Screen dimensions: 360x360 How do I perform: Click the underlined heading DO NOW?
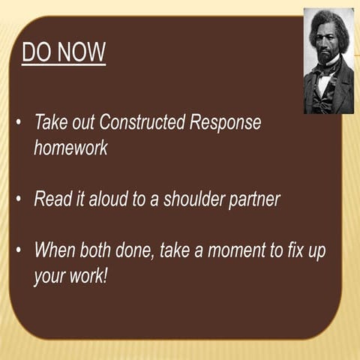point(64,53)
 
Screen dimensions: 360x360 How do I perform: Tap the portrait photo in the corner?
point(328,61)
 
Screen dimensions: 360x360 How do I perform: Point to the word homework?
point(70,148)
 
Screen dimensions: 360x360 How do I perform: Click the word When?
point(54,250)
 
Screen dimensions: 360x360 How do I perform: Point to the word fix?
point(296,250)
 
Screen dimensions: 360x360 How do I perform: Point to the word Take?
point(51,122)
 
